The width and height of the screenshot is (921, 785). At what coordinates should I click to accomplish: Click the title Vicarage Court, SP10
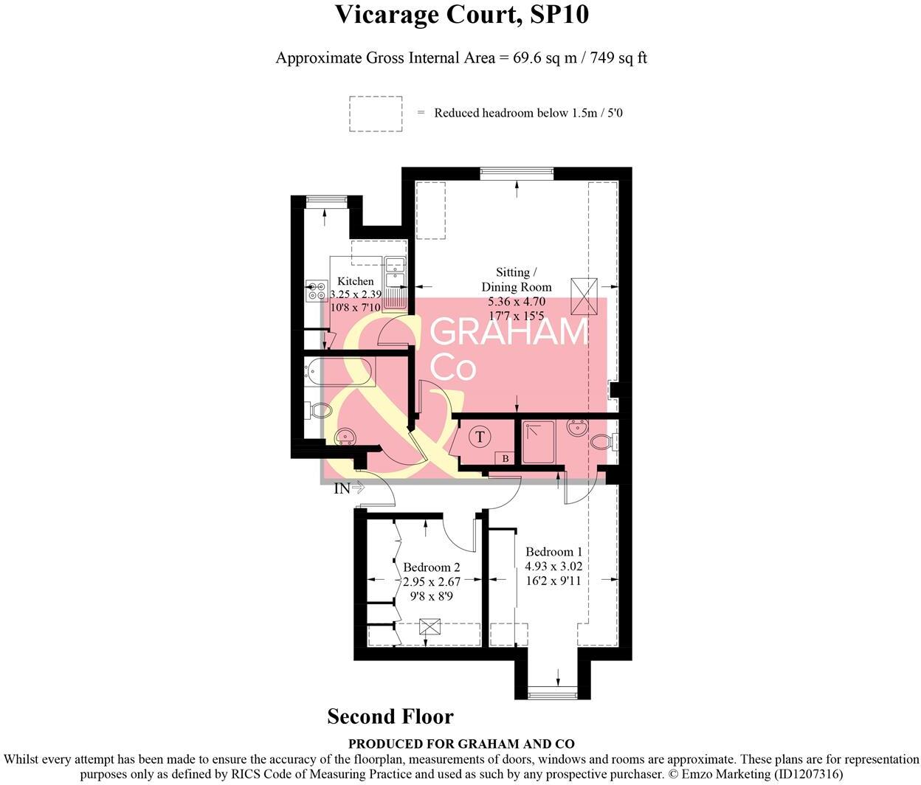click(461, 14)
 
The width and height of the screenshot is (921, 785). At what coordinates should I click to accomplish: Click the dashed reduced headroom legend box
click(376, 114)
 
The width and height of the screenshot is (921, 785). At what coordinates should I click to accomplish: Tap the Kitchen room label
click(356, 281)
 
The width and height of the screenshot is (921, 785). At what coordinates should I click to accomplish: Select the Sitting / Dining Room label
click(516, 280)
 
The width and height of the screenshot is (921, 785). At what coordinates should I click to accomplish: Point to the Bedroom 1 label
click(553, 552)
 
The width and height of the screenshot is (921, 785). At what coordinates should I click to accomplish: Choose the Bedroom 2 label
click(432, 567)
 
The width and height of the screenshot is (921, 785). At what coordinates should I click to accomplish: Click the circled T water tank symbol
click(480, 437)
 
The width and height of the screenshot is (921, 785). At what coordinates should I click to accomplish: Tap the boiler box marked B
click(505, 459)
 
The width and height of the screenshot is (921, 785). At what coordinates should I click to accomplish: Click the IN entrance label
click(342, 488)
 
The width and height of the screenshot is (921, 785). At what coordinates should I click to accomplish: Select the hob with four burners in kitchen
click(317, 291)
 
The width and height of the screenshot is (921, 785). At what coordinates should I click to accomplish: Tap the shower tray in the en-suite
click(539, 443)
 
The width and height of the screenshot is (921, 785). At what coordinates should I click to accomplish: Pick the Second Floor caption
click(390, 716)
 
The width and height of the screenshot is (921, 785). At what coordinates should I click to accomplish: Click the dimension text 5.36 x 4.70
click(516, 302)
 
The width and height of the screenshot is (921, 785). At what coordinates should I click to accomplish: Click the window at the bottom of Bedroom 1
click(553, 692)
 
